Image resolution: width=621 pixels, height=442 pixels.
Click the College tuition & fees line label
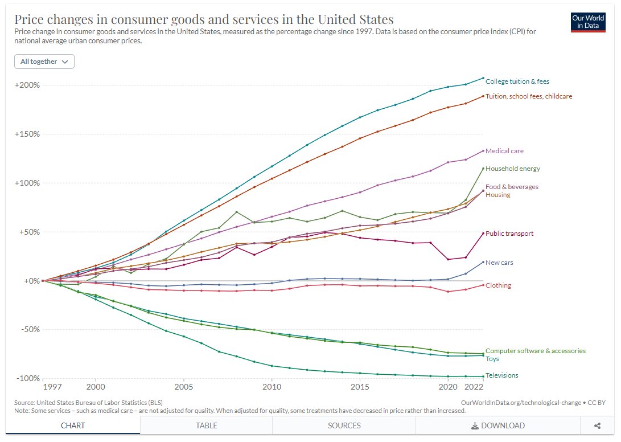pyautogui.click(x=517, y=81)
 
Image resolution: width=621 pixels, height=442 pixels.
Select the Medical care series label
pyautogui.click(x=504, y=151)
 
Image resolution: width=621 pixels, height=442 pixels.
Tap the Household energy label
pyautogui.click(x=512, y=169)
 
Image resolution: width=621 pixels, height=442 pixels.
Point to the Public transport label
pyautogui.click(x=509, y=234)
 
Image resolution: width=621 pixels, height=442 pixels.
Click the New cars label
pyautogui.click(x=499, y=263)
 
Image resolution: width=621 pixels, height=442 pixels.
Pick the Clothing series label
pyautogui.click(x=498, y=285)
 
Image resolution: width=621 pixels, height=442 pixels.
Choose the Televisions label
pyautogui.click(x=501, y=375)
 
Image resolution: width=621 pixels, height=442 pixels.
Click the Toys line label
pyautogui.click(x=492, y=359)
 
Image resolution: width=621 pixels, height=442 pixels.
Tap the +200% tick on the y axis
pyautogui.click(x=27, y=85)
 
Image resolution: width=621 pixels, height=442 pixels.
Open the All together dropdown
pyautogui.click(x=44, y=62)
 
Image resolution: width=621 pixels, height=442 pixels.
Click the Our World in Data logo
pyautogui.click(x=588, y=22)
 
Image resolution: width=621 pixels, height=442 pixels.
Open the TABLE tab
pyautogui.click(x=206, y=425)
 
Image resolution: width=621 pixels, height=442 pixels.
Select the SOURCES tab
pyautogui.click(x=344, y=425)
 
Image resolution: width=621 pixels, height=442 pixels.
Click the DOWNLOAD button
pyautogui.click(x=497, y=425)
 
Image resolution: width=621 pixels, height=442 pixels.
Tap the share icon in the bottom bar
pyautogui.click(x=597, y=425)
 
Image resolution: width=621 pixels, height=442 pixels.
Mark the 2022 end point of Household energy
pyautogui.click(x=483, y=168)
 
